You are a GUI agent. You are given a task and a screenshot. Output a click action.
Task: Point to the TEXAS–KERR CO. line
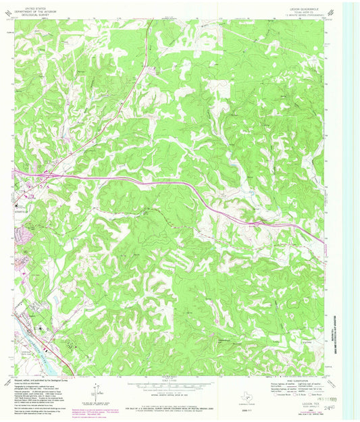[297, 10]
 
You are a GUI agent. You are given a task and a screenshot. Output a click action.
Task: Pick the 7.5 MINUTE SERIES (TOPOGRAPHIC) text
[297, 14]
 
